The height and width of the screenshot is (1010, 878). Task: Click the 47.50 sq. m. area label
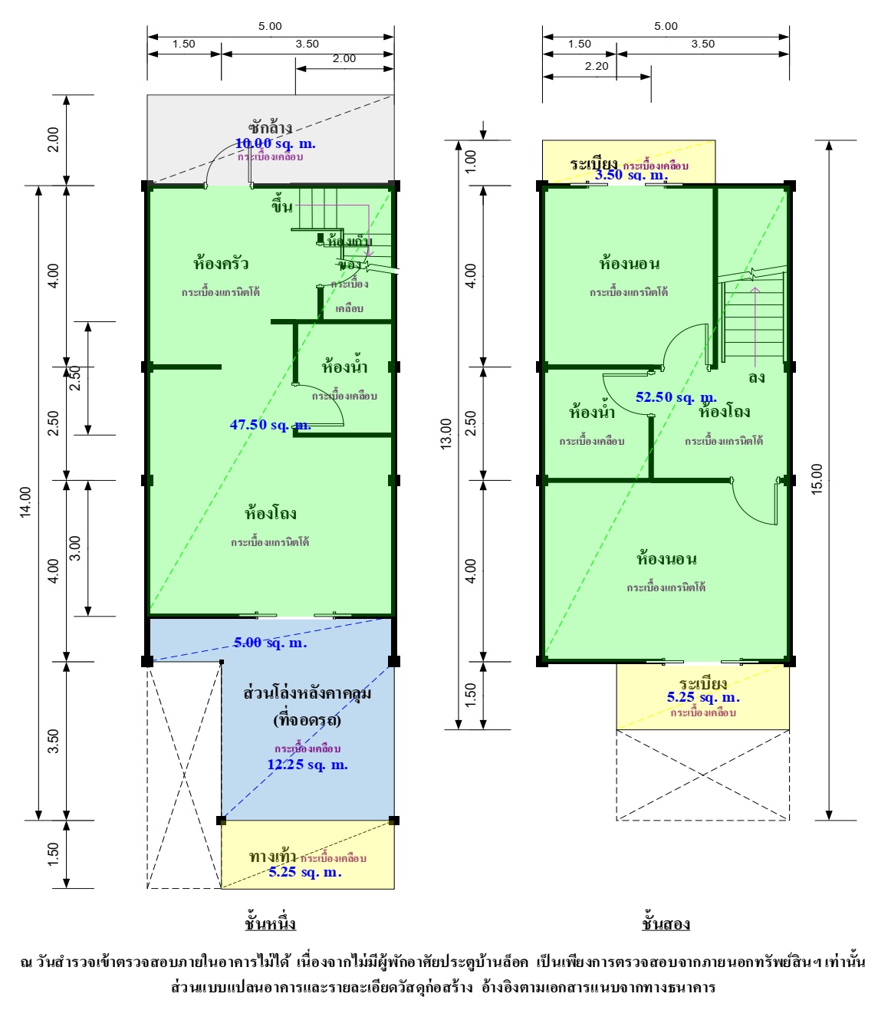tap(270, 425)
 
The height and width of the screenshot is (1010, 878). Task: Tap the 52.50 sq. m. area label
tap(676, 397)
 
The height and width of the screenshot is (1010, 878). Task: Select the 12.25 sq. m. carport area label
tap(307, 765)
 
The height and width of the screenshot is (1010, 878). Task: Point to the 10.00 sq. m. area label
tap(275, 143)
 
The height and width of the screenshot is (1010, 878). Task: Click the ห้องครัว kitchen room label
tap(221, 264)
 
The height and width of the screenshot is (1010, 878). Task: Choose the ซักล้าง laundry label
tap(270, 127)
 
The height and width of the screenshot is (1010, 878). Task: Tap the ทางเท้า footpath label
tap(272, 857)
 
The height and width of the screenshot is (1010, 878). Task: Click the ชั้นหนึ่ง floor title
tap(270, 923)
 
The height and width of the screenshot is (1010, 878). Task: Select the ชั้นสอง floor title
tap(666, 923)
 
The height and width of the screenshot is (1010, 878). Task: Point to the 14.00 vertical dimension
tap(25, 502)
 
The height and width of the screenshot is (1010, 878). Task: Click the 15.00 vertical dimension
tap(817, 479)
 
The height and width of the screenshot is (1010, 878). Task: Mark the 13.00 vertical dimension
tap(446, 434)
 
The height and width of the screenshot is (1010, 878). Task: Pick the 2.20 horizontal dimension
tap(596, 66)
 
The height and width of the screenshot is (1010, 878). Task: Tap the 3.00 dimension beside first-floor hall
tap(74, 548)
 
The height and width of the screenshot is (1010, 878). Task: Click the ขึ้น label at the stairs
tap(281, 206)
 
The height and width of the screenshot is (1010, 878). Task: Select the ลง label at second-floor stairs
tap(756, 378)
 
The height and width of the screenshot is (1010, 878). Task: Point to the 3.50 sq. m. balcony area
tap(630, 175)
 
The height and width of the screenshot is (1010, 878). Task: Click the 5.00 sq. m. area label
tap(270, 643)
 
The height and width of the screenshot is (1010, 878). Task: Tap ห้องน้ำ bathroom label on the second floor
tap(591, 413)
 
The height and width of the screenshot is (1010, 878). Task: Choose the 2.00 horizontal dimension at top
tap(344, 58)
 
